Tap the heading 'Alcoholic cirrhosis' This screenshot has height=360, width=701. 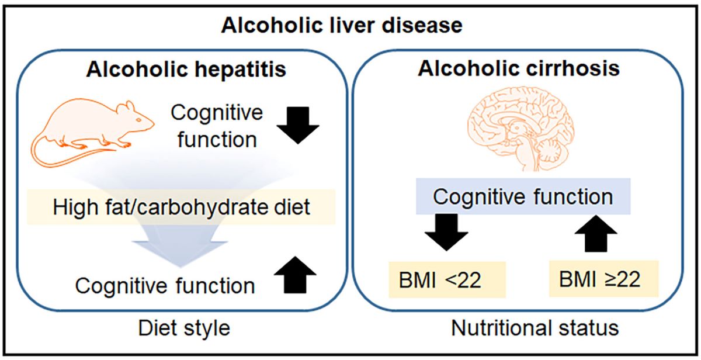pos(519,68)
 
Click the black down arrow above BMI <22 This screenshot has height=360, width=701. pos(446,233)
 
